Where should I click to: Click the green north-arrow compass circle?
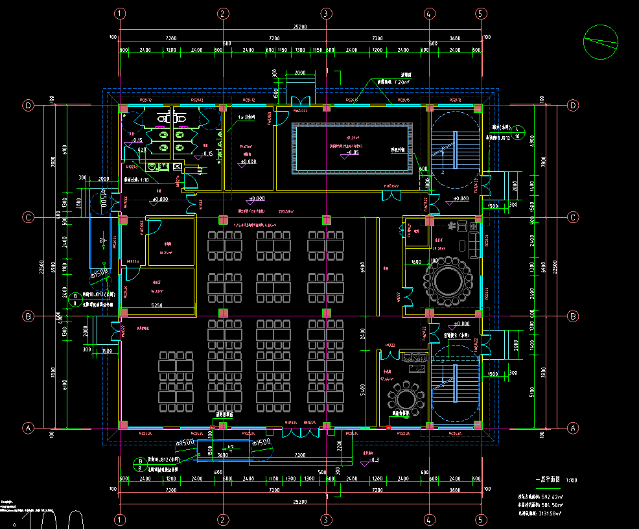tap(600, 43)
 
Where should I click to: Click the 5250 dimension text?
tap(157, 304)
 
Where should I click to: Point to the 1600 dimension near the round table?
tap(415, 263)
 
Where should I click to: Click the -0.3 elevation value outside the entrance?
tap(373, 460)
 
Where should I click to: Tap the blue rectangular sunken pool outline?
tap(353, 149)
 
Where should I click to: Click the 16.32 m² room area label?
tap(156, 291)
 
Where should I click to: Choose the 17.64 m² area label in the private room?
tap(387, 379)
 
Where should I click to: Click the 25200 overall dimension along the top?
tap(299, 27)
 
